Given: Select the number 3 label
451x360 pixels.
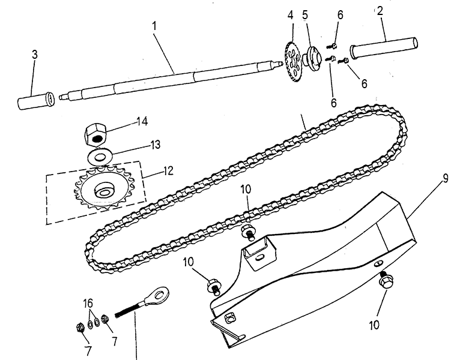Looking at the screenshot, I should [x=34, y=55].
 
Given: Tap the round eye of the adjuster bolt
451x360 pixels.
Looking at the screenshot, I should [x=159, y=294].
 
